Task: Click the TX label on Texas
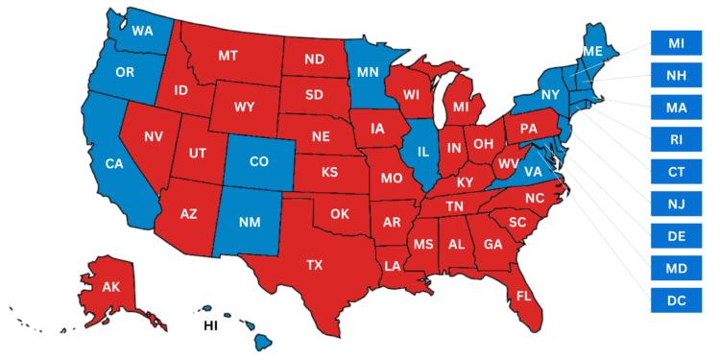tap(314, 264)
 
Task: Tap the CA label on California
tap(114, 164)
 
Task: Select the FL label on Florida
tap(523, 296)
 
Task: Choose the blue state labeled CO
tap(258, 161)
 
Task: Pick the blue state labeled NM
tap(250, 222)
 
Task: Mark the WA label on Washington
tap(143, 31)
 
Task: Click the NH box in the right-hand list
tap(676, 74)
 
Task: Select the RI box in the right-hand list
tap(676, 139)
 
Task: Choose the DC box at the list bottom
tap(676, 300)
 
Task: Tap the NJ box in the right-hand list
tap(676, 204)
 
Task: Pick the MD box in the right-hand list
tap(676, 268)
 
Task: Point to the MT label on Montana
tap(228, 56)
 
